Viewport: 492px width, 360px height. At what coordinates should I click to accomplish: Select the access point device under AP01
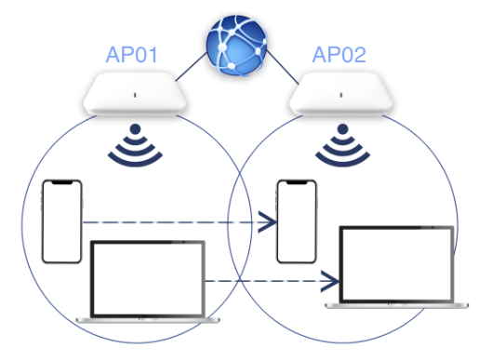pyautogui.click(x=137, y=96)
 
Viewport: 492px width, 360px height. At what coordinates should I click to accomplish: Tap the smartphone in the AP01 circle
pyautogui.click(x=62, y=221)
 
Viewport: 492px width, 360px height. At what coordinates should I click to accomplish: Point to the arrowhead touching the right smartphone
pyautogui.click(x=270, y=221)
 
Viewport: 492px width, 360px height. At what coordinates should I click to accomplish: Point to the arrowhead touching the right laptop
pyautogui.click(x=329, y=280)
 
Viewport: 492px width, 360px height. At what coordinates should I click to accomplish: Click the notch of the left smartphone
pyautogui.click(x=62, y=183)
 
